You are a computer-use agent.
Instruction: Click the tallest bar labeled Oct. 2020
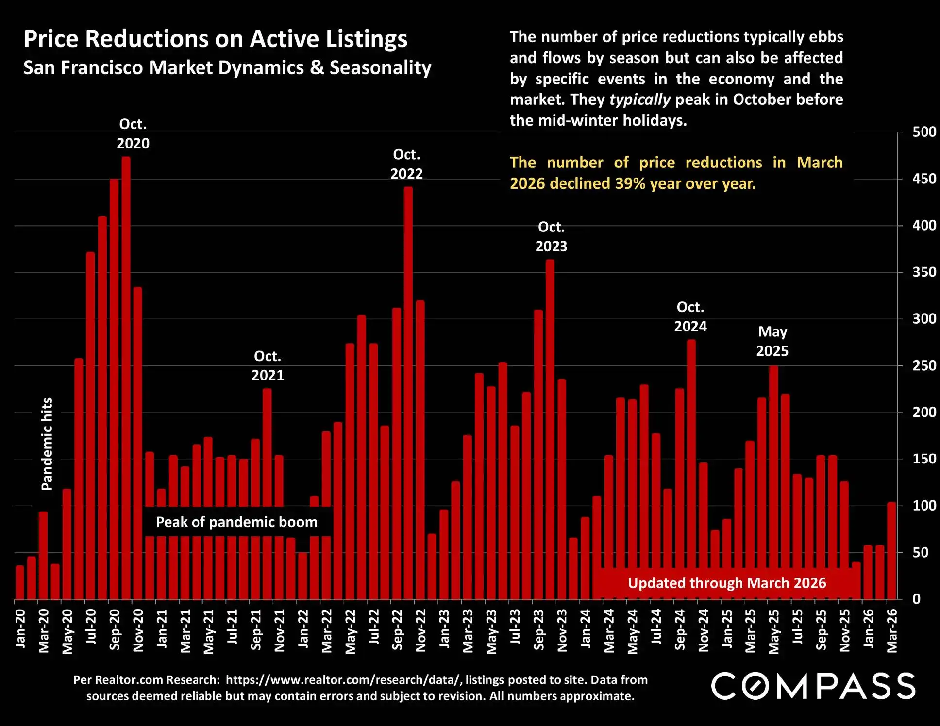coord(126,379)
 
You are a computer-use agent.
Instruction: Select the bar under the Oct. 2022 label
coord(408,393)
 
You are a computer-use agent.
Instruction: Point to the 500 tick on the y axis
coord(924,132)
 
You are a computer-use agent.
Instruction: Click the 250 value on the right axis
coord(924,365)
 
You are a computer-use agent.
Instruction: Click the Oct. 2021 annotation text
coord(268,365)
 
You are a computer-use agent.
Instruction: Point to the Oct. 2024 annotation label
coord(690,316)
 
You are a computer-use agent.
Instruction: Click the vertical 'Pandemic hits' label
coord(47,444)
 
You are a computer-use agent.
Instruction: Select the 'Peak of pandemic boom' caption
coord(236,522)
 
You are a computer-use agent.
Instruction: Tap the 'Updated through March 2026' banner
coord(727,583)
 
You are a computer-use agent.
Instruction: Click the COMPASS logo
coord(813,686)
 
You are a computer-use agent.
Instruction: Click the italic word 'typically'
coord(639,99)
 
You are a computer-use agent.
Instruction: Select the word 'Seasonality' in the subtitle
coord(380,67)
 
